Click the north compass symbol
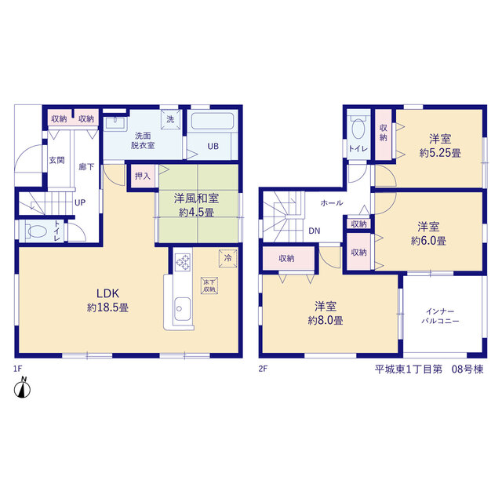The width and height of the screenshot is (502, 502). (23, 388)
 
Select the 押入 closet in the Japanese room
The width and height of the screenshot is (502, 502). (143, 176)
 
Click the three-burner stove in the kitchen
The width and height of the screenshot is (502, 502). (183, 262)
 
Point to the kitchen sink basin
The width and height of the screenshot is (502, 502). (183, 308)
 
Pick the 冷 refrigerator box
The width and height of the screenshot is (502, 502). (228, 258)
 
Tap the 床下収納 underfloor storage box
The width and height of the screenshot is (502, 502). (209, 286)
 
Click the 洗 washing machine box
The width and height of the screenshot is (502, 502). (171, 119)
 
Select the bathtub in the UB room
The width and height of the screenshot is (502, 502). (213, 121)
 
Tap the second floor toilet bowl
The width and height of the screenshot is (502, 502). (358, 128)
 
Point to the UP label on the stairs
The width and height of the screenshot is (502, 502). (80, 202)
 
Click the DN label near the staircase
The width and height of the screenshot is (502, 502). (315, 231)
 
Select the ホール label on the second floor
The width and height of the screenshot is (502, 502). (332, 202)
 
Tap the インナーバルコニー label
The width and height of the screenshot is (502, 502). (440, 316)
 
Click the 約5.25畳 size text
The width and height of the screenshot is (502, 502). (440, 153)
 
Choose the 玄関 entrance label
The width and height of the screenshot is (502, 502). (57, 160)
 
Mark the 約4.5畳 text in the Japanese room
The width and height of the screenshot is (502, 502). (196, 213)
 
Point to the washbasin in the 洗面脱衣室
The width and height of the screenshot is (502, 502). (115, 122)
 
